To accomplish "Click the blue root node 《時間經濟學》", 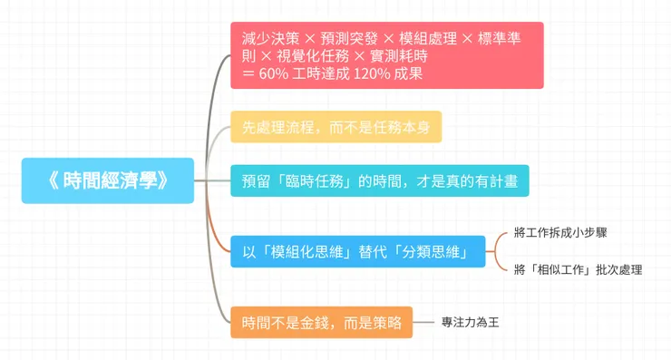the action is (108, 180).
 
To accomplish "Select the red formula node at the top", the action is (386, 55).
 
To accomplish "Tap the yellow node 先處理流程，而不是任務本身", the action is (335, 127).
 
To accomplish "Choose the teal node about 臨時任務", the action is (379, 180).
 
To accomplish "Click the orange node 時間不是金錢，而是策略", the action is (322, 321).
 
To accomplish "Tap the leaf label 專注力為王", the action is (470, 321).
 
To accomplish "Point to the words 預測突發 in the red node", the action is (350, 38).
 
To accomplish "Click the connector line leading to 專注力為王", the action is (427, 321).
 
